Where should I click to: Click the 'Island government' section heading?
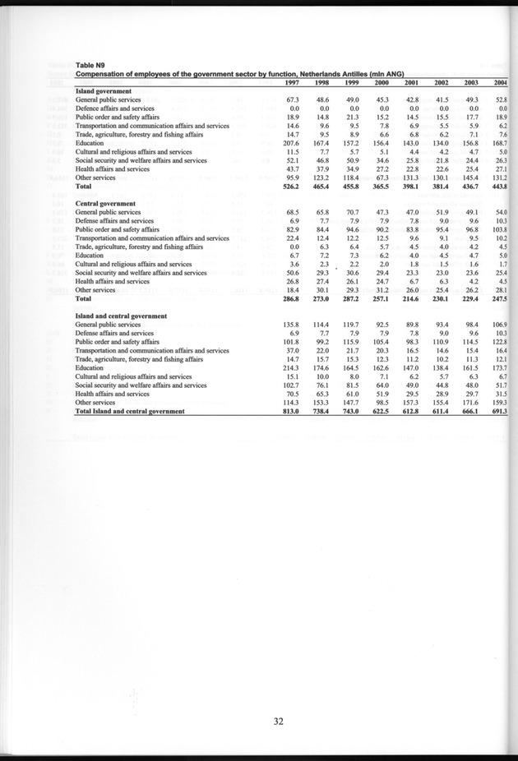pos(102,90)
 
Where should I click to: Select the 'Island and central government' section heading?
pos(122,316)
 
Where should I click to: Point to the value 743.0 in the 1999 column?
pos(350,412)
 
